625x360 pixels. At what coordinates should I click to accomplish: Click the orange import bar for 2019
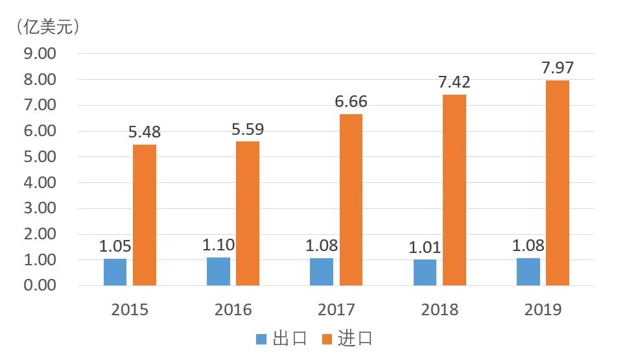coord(557,183)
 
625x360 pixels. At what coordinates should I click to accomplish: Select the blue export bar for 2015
coord(115,272)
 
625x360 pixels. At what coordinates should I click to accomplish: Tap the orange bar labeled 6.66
coord(351,200)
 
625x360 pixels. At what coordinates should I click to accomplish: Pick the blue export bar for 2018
coord(425,272)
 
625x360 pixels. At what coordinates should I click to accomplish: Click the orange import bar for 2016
coord(248,213)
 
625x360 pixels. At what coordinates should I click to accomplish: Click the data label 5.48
coord(144,132)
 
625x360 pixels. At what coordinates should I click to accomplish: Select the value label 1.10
coord(218,245)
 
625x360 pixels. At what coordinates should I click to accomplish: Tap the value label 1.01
coord(425,247)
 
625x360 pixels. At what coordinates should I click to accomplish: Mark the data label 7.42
coord(454,82)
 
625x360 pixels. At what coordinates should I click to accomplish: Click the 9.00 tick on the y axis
coord(40,54)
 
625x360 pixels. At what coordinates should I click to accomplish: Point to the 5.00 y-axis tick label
coord(40,157)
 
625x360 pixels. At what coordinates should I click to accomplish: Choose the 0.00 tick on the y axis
coord(40,285)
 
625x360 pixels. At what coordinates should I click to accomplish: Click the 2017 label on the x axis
coord(336,309)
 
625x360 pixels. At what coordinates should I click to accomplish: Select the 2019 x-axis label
coord(543,309)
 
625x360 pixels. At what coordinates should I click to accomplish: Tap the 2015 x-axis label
coord(130,309)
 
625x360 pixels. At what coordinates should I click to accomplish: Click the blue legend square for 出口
coord(262,339)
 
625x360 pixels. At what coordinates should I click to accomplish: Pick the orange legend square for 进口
coord(328,339)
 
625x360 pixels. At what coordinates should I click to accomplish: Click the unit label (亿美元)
coord(47,27)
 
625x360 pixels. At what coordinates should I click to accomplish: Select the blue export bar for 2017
coord(322,272)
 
